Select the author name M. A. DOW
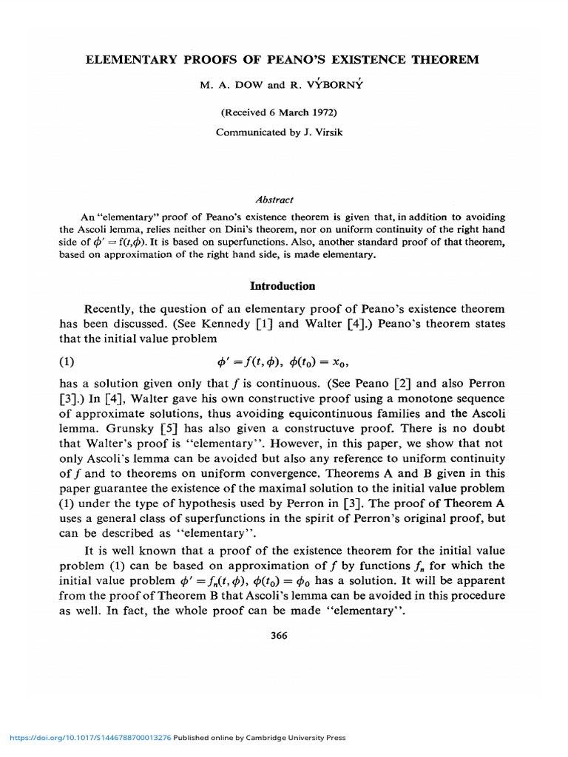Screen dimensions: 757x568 tap(227, 85)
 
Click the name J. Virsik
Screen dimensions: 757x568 tap(323, 132)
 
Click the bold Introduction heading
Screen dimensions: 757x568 tap(283, 286)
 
